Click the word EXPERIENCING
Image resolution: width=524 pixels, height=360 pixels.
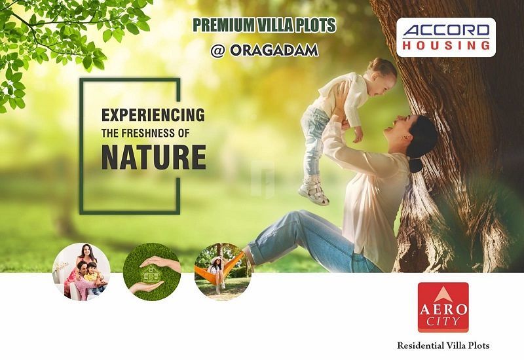point(153,115)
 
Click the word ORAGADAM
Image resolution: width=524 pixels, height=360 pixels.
point(273,50)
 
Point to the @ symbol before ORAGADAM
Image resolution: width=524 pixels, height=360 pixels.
point(218,50)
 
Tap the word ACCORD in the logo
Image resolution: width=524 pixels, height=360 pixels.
point(446,31)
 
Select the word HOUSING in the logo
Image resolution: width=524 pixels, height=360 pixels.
point(446,45)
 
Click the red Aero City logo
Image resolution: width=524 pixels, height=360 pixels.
point(443,307)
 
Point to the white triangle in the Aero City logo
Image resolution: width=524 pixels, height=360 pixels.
point(443,293)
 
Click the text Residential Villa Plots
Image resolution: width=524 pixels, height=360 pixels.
point(443,345)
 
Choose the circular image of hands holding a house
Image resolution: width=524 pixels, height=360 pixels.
point(152,271)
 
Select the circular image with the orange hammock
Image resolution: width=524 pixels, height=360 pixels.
point(223,271)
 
